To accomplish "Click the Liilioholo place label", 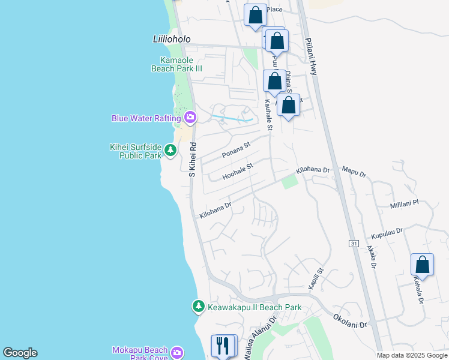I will [x=171, y=39].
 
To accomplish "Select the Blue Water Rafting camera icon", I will [x=190, y=118].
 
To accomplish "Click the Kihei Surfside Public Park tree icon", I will [x=170, y=149].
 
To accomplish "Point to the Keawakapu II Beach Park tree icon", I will [x=198, y=307].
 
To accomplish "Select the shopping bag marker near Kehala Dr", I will [x=422, y=264].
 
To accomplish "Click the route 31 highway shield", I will [x=354, y=243].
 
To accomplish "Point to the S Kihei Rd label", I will [x=193, y=159].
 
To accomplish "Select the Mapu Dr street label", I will [x=354, y=173].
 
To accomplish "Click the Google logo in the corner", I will [x=20, y=353].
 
